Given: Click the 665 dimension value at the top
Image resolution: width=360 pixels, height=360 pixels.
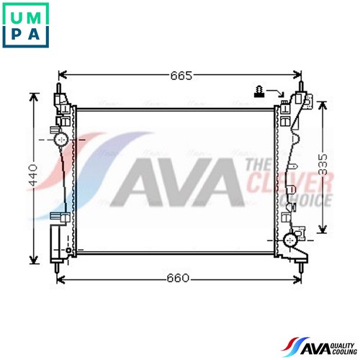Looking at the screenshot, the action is point(181,76).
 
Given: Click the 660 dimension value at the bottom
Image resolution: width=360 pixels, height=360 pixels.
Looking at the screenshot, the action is point(178,278).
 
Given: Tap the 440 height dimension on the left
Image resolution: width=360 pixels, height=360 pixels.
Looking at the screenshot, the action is point(33,175).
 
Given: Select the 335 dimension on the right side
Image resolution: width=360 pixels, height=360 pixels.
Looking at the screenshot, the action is point(323,164).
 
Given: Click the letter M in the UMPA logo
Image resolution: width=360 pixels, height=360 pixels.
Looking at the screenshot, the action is point(34,17).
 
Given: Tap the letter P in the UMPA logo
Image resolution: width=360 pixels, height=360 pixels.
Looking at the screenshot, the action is point(17,34).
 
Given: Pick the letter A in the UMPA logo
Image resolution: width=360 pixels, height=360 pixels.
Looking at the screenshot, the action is point(34,34).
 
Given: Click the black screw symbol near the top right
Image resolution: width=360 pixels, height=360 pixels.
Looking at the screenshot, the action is point(259,91).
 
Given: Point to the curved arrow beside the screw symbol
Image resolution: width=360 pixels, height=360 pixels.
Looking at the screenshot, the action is point(276,92).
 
